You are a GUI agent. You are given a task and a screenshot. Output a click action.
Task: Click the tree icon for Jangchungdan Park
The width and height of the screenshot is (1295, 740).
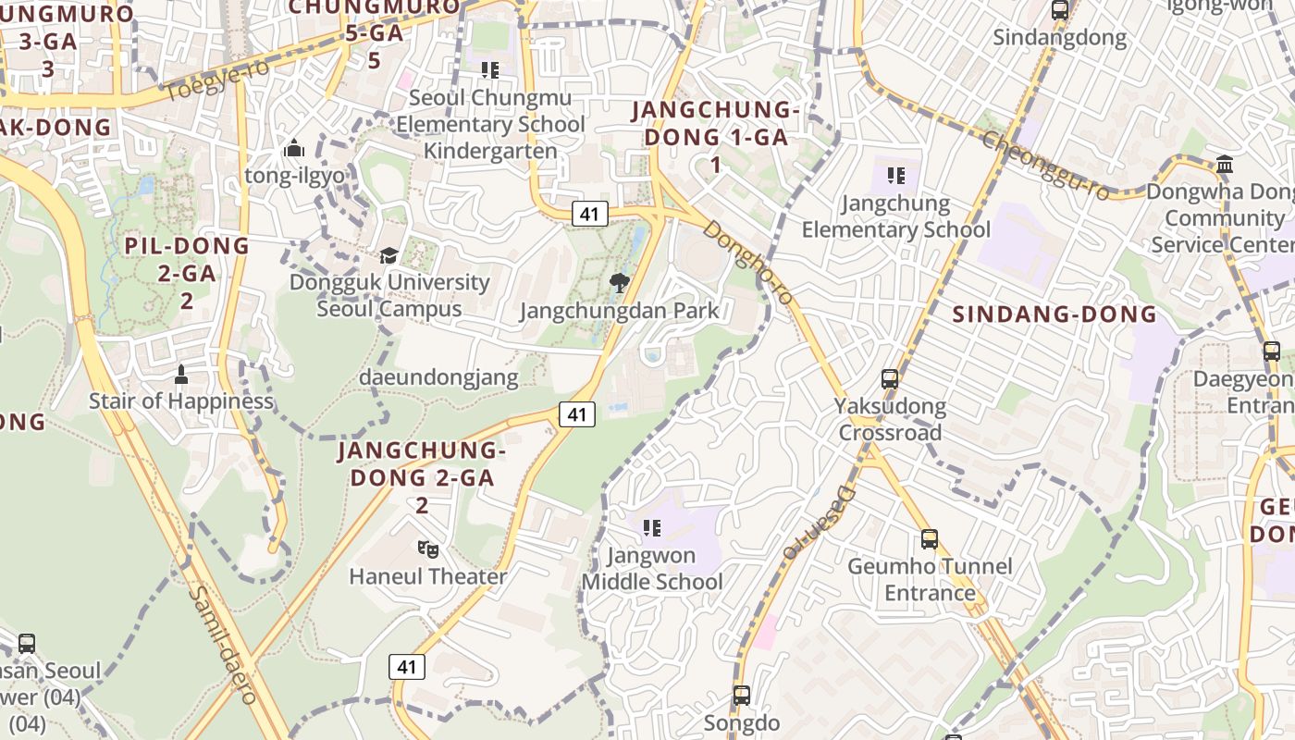click(x=619, y=282)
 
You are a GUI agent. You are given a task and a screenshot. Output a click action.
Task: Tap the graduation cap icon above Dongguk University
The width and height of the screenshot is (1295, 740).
click(x=389, y=254)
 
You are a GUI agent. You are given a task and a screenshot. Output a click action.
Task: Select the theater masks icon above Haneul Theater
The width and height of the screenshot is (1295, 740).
click(x=427, y=549)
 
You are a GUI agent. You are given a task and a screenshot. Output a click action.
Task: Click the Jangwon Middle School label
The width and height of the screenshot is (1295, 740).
click(x=652, y=569)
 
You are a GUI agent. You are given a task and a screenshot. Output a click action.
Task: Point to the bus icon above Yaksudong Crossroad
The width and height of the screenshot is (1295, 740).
click(x=890, y=378)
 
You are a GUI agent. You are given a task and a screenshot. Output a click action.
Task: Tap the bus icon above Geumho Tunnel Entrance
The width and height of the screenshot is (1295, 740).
click(x=930, y=538)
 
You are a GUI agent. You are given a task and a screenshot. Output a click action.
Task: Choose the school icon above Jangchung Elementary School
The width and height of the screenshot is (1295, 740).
click(x=895, y=175)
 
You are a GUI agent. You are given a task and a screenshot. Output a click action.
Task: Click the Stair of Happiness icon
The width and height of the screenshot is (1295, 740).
click(x=181, y=375)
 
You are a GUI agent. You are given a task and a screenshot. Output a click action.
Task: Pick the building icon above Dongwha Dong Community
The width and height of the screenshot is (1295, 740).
click(x=1225, y=165)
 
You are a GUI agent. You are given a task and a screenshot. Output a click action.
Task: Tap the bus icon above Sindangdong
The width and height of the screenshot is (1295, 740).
click(x=1060, y=11)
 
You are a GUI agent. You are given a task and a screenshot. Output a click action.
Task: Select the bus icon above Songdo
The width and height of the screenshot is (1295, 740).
click(x=741, y=695)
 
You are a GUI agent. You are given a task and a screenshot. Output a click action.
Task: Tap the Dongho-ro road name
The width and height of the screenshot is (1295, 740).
click(x=747, y=262)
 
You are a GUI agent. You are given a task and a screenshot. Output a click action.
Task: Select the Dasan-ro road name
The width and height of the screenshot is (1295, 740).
click(x=820, y=524)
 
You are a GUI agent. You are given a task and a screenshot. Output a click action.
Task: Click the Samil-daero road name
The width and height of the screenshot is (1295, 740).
click(x=222, y=645)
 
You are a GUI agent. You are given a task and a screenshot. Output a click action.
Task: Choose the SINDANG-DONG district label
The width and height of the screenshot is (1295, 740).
click(x=1054, y=314)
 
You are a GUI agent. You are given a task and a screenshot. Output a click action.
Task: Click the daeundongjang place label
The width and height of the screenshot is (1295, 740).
click(x=439, y=376)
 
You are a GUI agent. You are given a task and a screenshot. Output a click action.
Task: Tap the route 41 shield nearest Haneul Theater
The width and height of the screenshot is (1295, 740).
click(x=406, y=666)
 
